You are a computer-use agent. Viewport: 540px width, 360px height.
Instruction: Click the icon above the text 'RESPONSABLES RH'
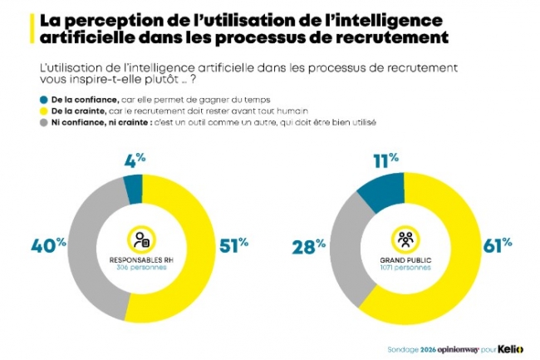[140, 239]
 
